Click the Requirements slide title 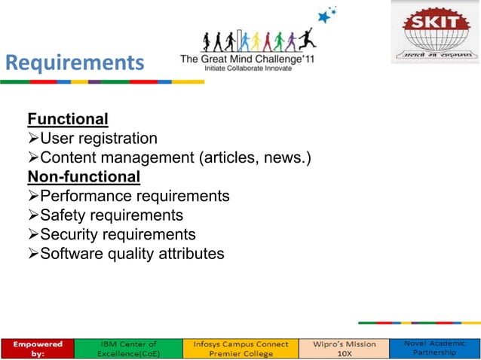(x=74, y=63)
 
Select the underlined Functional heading (x=67, y=119)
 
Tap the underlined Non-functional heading (x=84, y=177)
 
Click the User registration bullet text (x=98, y=139)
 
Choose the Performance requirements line (x=134, y=196)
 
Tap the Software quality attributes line (x=131, y=254)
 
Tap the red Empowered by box (x=37, y=348)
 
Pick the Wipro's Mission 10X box (x=339, y=348)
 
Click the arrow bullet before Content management (x=32, y=158)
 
